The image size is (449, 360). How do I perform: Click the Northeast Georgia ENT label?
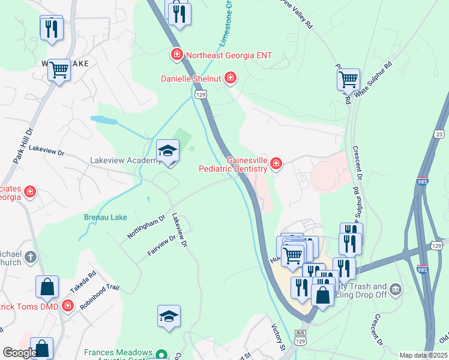[229, 55]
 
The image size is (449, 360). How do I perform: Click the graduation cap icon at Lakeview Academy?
[168, 151]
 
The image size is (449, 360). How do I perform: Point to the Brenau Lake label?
[101, 217]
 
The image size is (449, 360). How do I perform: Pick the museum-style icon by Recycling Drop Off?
[395, 290]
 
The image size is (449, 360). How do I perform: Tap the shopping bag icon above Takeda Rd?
[47, 288]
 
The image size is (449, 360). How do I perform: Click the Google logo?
[20, 353]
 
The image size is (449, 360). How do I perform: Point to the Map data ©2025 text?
[423, 355]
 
